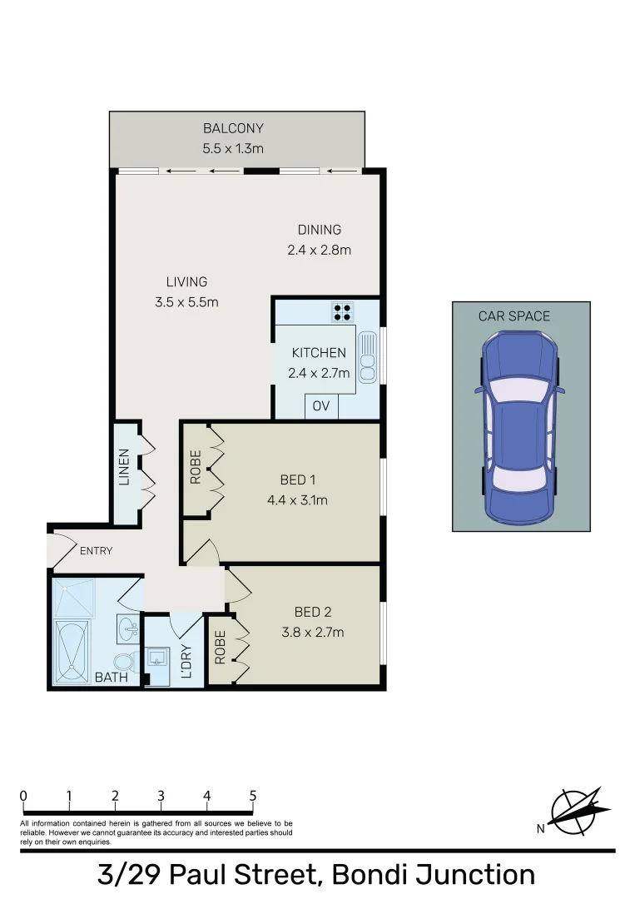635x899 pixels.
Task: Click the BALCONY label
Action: [x=233, y=128]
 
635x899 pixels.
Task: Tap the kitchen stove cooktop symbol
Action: [x=341, y=311]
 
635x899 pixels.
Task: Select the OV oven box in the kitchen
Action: [x=321, y=406]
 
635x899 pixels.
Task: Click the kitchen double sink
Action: [x=367, y=356]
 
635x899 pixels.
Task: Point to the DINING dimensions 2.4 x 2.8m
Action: [x=320, y=250]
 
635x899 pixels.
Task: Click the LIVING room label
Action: [x=186, y=281]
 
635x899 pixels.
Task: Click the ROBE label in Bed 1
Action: [x=196, y=466]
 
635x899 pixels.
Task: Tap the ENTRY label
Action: [x=96, y=551]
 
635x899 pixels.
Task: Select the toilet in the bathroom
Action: [x=124, y=663]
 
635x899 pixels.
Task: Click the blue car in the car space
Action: [x=519, y=423]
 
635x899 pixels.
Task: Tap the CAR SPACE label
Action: [x=513, y=316]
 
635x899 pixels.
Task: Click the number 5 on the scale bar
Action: [x=252, y=795]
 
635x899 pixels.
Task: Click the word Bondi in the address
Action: [x=367, y=876]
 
